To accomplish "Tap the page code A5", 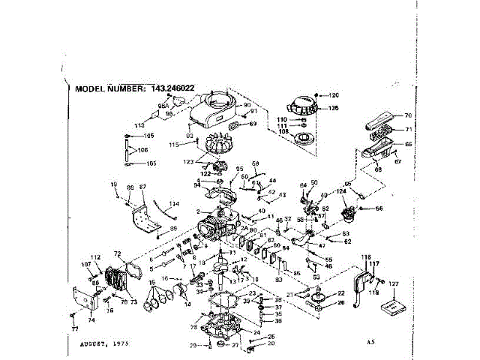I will pyautogui.click(x=370, y=342).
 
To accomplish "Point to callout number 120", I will pyautogui.click(x=334, y=95).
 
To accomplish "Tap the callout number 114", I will pyautogui.click(x=174, y=204).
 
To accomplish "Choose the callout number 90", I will pyautogui.click(x=247, y=105).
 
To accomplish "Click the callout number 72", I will pyautogui.click(x=117, y=254).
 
